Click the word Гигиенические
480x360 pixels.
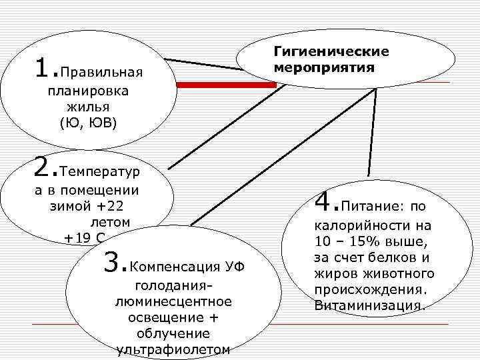(331, 51)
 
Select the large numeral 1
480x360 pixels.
(42, 67)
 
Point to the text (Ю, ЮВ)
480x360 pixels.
(87, 123)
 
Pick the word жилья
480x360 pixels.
(87, 107)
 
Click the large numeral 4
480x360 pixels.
(323, 200)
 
